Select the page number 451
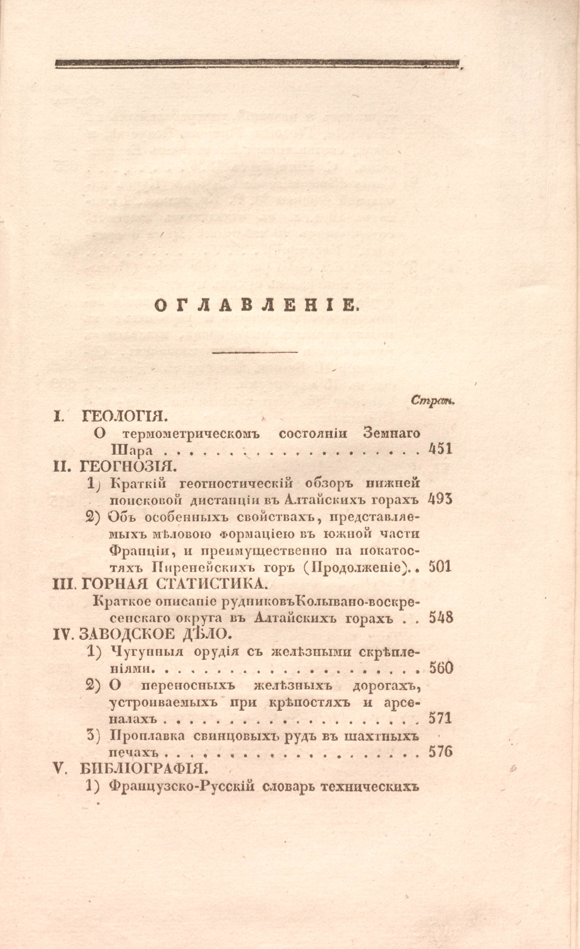pyautogui.click(x=440, y=449)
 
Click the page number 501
pyautogui.click(x=440, y=567)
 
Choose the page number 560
pyautogui.click(x=441, y=668)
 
